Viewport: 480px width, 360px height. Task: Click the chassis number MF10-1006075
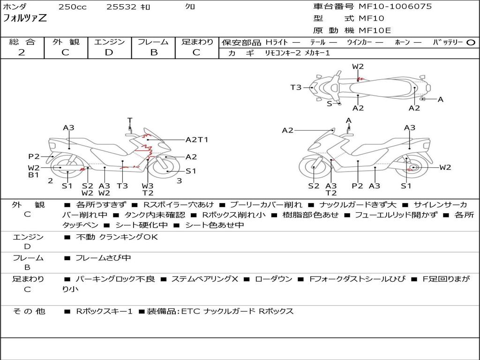point(395,7)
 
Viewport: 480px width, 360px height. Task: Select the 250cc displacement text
point(72,7)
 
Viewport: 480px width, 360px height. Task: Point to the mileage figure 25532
point(121,7)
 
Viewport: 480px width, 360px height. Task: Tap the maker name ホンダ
point(15,7)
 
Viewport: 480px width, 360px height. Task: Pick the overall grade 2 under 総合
point(22,52)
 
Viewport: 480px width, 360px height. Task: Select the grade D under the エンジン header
point(109,52)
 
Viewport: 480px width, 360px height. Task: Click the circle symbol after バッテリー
point(471,43)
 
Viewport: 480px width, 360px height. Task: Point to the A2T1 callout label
point(197,140)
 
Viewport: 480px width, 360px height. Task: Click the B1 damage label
point(33,175)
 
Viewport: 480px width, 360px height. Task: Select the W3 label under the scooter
point(148,186)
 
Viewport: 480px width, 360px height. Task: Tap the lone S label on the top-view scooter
point(329,104)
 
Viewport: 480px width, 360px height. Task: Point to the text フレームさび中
point(103,258)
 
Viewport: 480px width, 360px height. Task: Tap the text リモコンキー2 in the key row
point(279,53)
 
